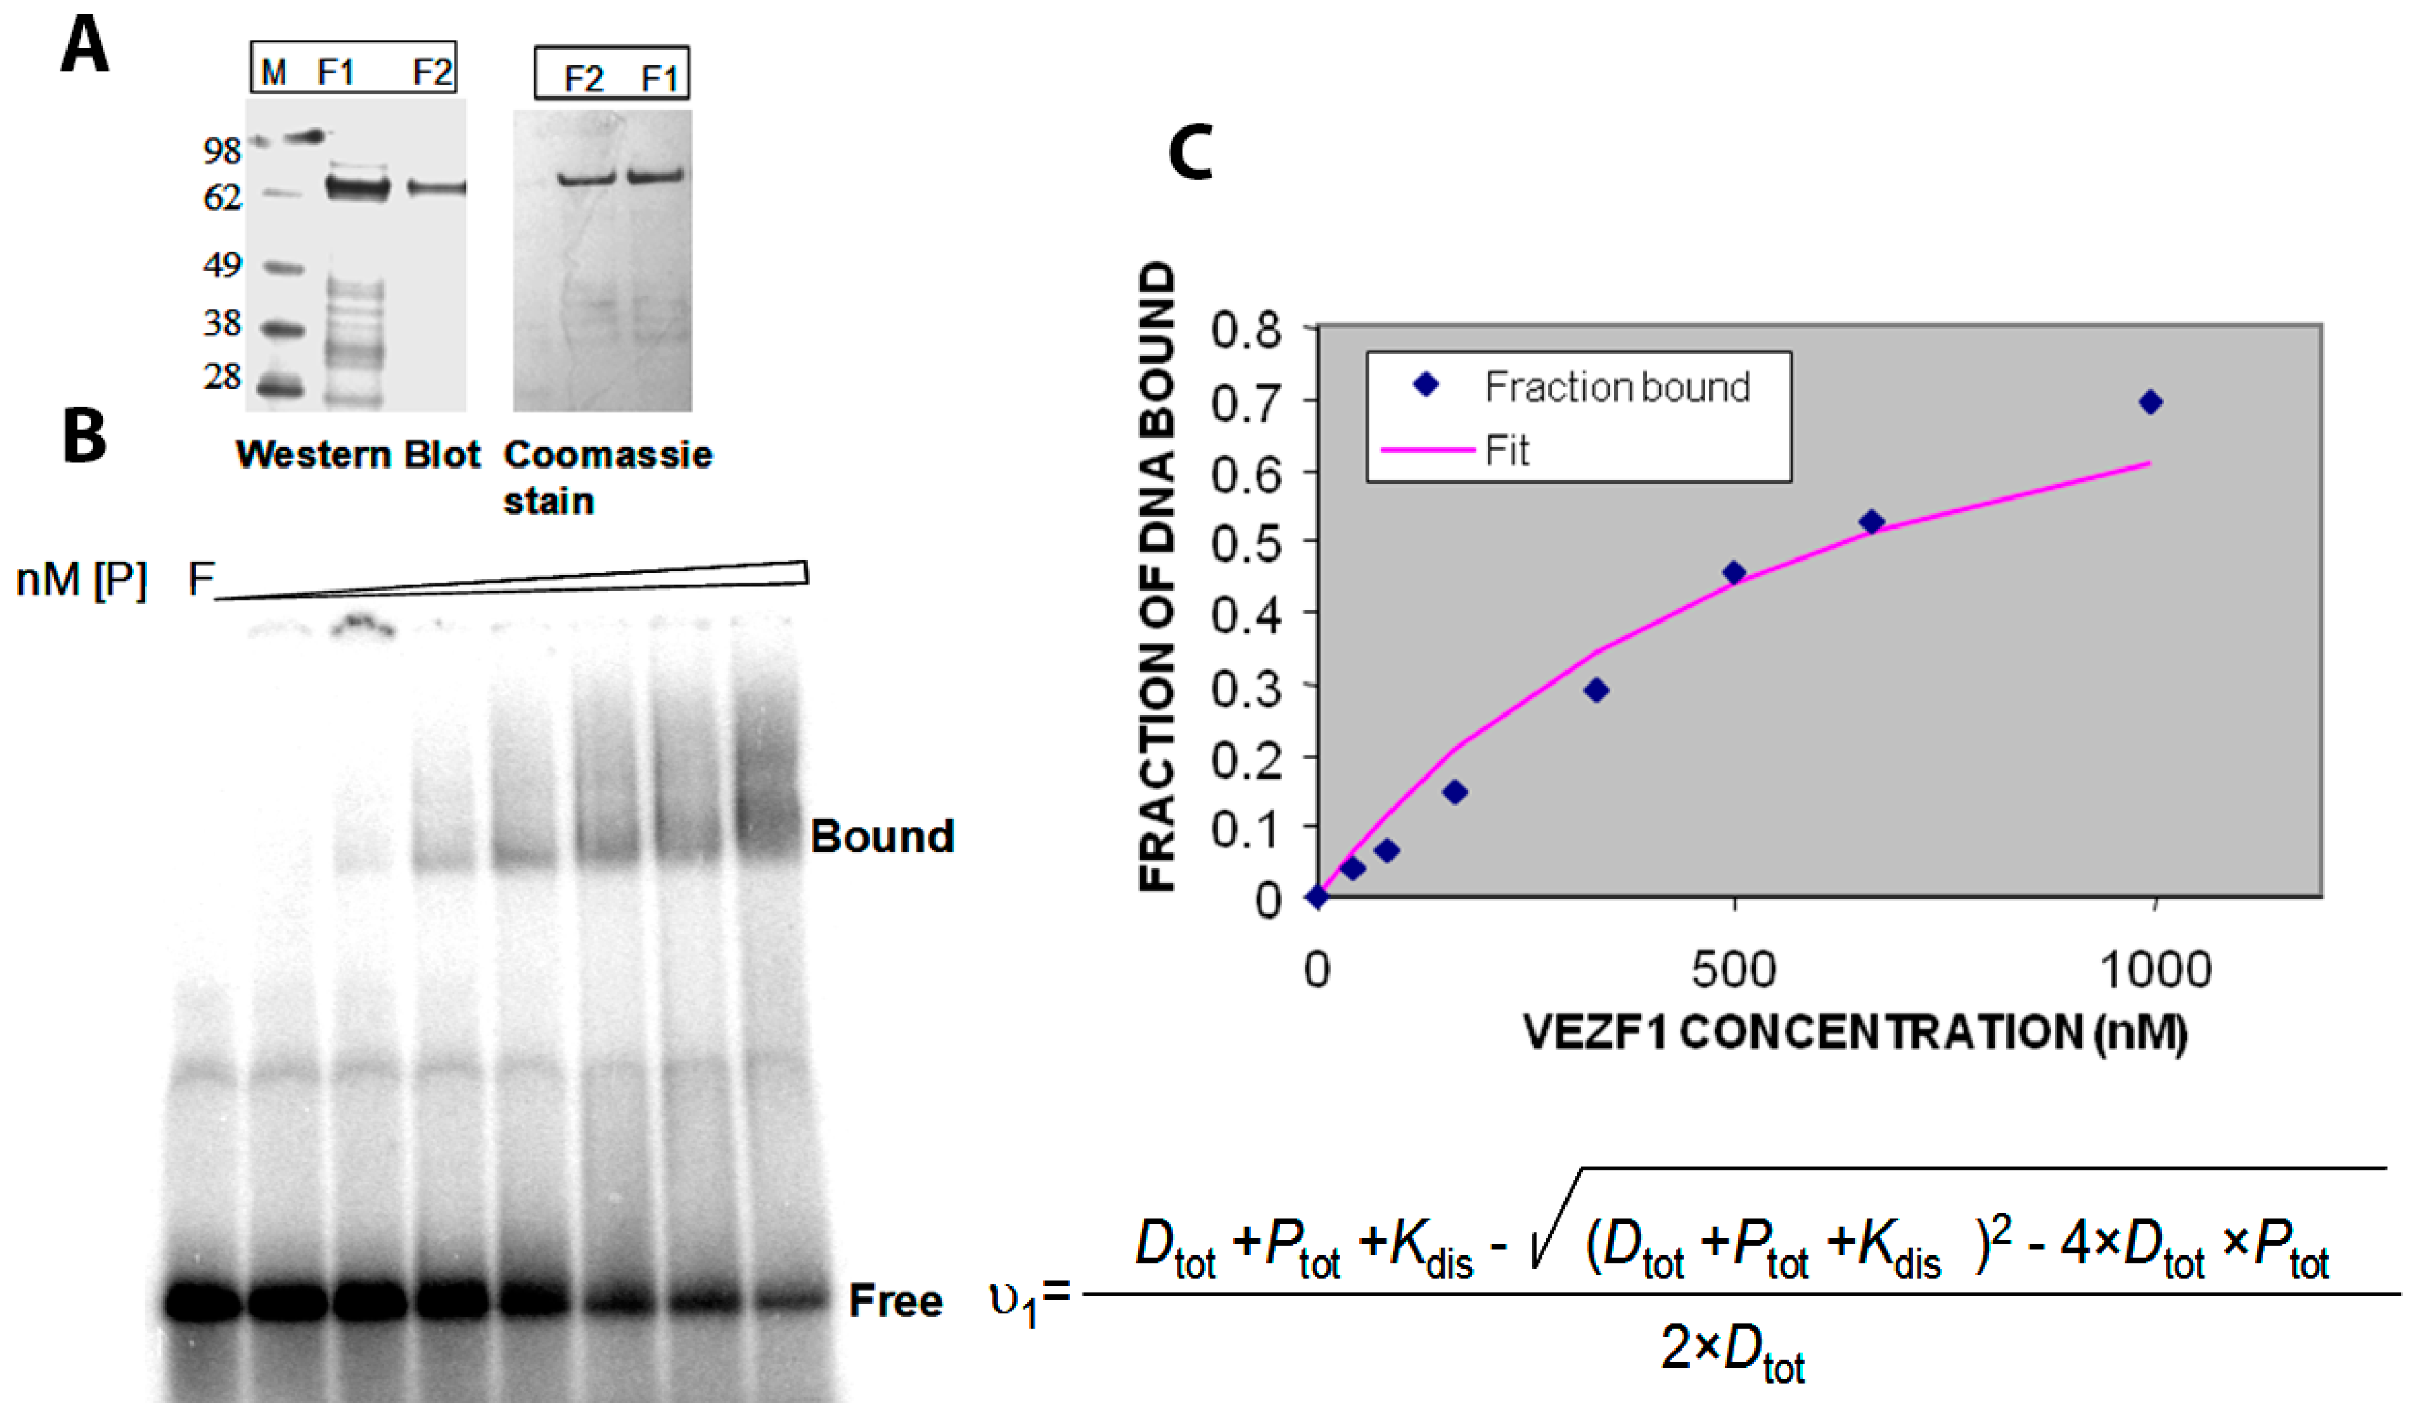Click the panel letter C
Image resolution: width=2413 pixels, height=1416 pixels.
click(1190, 153)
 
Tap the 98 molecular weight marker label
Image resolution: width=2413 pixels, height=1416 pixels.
click(222, 150)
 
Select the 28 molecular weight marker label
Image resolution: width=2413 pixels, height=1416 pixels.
click(222, 376)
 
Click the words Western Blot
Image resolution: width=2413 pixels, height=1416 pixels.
click(357, 455)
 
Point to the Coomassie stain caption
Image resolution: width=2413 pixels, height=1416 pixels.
click(607, 477)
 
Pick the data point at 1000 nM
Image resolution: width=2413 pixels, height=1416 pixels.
click(2150, 403)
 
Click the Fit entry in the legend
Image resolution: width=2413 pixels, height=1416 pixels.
click(1506, 451)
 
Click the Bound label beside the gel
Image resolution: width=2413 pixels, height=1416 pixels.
click(881, 837)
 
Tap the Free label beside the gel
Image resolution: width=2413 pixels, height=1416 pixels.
click(895, 1301)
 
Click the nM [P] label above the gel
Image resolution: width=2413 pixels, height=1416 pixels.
click(81, 580)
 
